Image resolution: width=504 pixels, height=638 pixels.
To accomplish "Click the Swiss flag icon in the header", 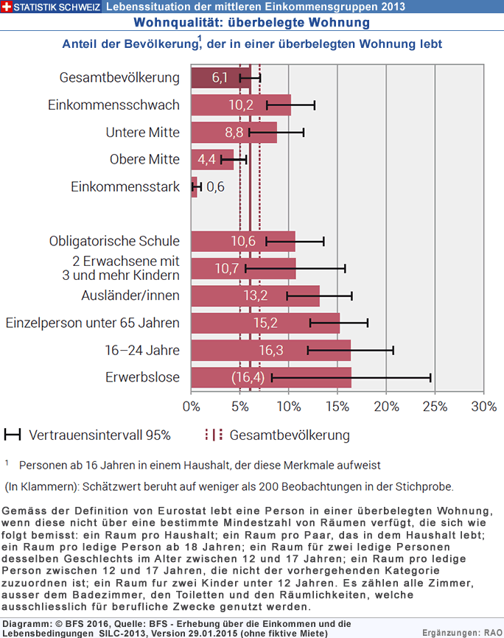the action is tap(6, 7).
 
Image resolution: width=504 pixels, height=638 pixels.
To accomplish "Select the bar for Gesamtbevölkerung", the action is tap(221, 77).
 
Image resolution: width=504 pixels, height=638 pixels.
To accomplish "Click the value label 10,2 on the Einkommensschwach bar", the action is tap(241, 105).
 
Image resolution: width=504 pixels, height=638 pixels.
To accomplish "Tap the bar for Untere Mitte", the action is tap(234, 132).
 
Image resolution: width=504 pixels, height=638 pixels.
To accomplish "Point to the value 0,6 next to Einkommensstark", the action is tap(215, 187).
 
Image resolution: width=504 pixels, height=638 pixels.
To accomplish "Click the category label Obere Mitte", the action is tap(144, 159).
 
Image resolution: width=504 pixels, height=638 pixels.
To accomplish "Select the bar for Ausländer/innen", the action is tap(255, 296).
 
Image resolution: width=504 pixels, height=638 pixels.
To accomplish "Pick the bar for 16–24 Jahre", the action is tap(270, 351).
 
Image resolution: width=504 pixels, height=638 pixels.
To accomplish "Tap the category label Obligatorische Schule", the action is tap(114, 241).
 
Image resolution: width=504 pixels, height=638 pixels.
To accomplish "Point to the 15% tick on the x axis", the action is tap(337, 393).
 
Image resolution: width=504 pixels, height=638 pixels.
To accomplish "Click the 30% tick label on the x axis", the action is tap(484, 407).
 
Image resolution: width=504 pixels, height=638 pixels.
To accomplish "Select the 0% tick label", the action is tap(192, 407).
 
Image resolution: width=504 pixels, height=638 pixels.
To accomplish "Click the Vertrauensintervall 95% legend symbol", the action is tap(13, 435).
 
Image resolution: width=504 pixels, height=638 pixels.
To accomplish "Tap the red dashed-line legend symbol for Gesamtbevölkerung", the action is tap(214, 435).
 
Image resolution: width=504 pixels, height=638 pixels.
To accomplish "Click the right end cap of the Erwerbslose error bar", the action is tap(430, 378).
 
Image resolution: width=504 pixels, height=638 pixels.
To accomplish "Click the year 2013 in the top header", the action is tap(392, 7).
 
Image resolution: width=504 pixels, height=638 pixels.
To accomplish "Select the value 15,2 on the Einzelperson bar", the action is tap(265, 323).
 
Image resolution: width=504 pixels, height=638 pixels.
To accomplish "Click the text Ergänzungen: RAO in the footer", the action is tap(462, 633).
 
